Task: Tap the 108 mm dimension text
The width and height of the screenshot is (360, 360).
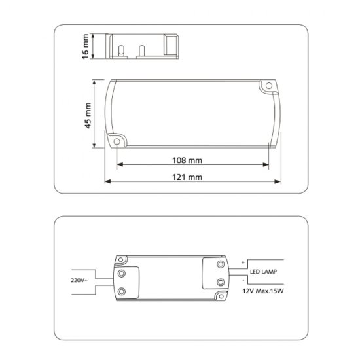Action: point(188,160)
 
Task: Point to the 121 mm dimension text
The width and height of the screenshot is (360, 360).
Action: point(188,177)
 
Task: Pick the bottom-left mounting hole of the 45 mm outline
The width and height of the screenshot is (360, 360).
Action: point(117,141)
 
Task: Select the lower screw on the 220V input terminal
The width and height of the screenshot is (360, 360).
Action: point(122,291)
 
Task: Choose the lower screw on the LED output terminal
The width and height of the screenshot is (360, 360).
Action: point(221,282)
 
